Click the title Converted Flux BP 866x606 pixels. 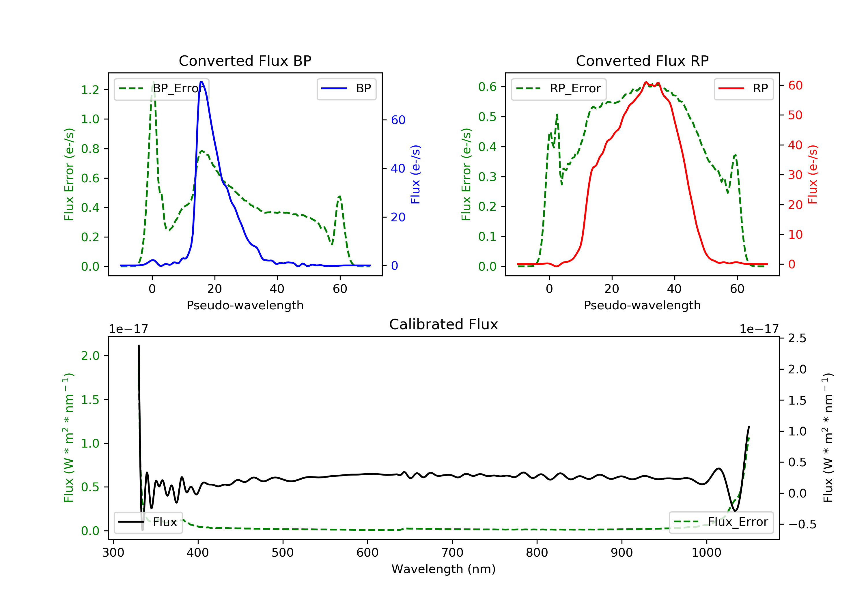coord(245,61)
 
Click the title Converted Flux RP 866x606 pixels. coord(642,61)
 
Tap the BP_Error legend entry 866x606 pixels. coord(161,89)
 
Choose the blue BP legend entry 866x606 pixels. coord(346,89)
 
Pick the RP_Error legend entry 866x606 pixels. coord(558,89)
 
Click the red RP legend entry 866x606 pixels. coord(743,89)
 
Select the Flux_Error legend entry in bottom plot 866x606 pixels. coord(721,522)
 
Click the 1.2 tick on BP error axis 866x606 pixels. coord(90,90)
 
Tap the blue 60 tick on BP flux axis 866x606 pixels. coord(398,120)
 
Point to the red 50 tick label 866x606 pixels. coord(795,115)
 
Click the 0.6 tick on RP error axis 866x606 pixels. coord(487,87)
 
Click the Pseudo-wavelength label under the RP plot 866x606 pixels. coord(642,305)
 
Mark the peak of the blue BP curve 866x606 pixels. coord(201,82)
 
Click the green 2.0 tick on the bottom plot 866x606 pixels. coord(90,356)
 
